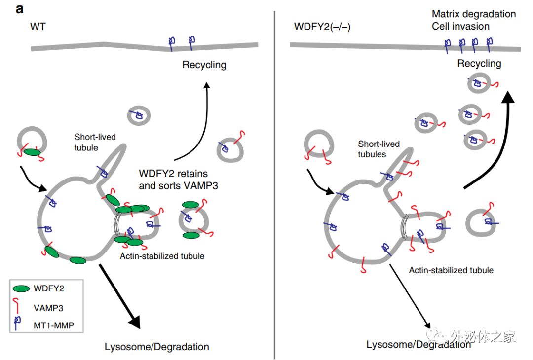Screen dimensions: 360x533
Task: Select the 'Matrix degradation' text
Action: click(x=473, y=14)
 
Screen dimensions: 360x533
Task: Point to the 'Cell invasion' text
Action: click(x=460, y=26)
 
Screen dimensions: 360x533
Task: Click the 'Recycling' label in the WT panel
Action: click(x=204, y=65)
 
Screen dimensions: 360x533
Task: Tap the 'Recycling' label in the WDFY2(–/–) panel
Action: click(x=479, y=63)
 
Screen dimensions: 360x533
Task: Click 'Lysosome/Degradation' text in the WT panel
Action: click(x=157, y=347)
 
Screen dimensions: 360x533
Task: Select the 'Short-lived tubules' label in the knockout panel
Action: click(x=379, y=148)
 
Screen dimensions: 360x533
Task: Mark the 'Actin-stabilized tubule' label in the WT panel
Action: click(x=162, y=256)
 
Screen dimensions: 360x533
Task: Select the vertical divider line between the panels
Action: click(x=274, y=187)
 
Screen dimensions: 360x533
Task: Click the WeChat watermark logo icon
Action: click(x=439, y=336)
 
